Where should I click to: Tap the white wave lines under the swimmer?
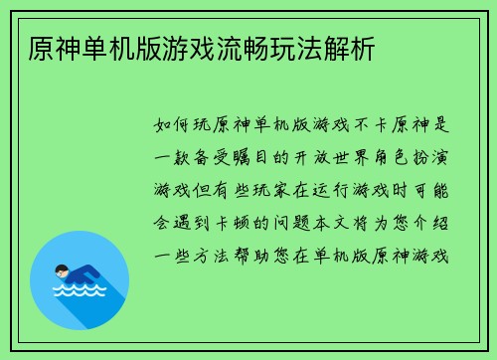tap(79, 295)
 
